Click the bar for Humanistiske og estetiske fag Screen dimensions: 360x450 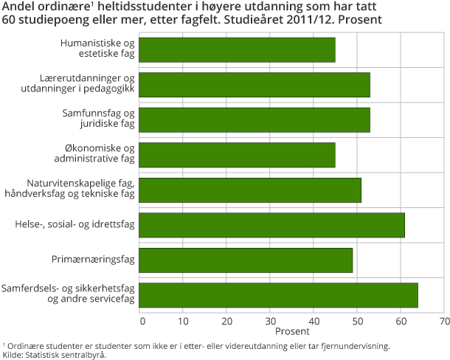[x=237, y=50]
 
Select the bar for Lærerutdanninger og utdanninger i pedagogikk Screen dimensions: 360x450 [x=255, y=85]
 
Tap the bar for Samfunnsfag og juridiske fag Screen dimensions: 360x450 [x=255, y=120]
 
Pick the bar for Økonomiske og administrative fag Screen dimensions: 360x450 [x=237, y=154]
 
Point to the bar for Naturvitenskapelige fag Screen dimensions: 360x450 [x=250, y=190]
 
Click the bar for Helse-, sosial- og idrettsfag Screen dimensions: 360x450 [x=271, y=225]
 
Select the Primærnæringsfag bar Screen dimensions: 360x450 [x=246, y=260]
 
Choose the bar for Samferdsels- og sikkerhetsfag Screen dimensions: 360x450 [x=278, y=294]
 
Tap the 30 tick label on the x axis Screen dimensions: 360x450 [x=271, y=321]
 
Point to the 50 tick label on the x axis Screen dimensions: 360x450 [x=357, y=321]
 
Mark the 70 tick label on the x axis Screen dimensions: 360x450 [x=444, y=321]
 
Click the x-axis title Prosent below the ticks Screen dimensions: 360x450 [x=292, y=332]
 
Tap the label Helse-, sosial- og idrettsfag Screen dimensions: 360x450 [x=75, y=225]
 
